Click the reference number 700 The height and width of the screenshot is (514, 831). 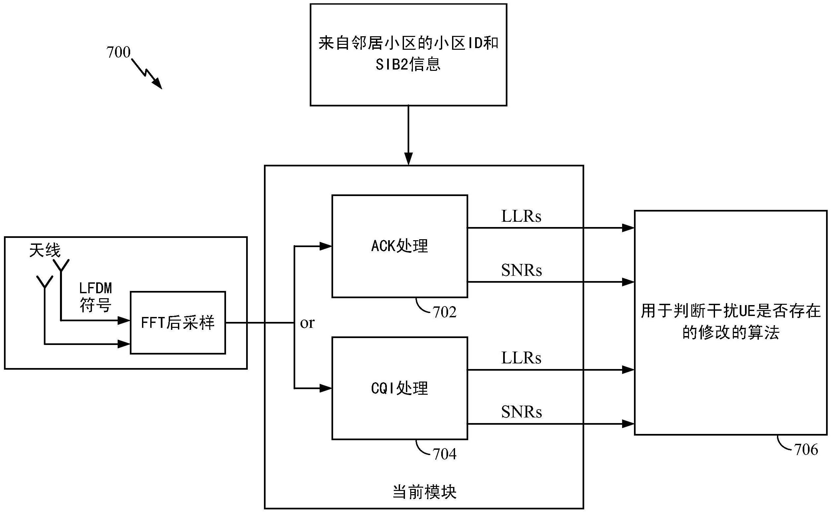coord(118,52)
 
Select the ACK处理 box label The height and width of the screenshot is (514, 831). coord(399,246)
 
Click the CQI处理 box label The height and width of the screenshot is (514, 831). coord(399,388)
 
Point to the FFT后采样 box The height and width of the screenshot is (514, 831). coord(178,323)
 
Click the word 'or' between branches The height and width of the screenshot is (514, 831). coord(307,323)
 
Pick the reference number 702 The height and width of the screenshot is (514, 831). coord(444,312)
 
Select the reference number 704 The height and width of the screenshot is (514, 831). coord(444,454)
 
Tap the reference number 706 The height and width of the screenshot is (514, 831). coord(806,450)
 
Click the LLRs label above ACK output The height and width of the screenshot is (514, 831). coord(521,216)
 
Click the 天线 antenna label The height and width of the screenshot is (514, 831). coord(45,250)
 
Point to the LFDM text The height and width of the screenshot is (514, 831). coord(96,288)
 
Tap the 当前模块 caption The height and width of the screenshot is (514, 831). coord(424,492)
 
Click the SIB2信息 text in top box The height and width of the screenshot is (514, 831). coord(408,64)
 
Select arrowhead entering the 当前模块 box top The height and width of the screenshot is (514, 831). coord(408,159)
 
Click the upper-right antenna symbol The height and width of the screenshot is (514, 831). coord(61,266)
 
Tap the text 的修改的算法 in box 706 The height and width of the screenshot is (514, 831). coord(731,332)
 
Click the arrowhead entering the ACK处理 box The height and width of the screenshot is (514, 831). coord(326,246)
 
